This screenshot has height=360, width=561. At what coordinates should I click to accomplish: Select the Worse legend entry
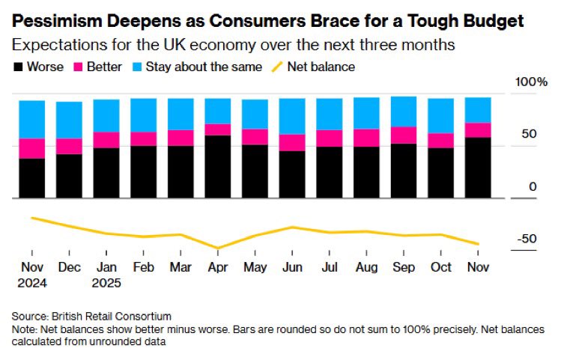[x=38, y=67]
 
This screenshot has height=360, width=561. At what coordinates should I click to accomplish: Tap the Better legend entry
[x=97, y=67]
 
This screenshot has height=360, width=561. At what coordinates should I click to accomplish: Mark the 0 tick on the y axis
[x=533, y=186]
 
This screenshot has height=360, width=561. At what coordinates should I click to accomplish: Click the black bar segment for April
[x=218, y=166]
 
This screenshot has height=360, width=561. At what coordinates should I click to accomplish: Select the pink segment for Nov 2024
[x=31, y=148]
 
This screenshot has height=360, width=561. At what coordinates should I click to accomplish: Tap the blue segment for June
[x=292, y=116]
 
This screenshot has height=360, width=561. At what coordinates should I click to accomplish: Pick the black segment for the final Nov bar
[x=478, y=168]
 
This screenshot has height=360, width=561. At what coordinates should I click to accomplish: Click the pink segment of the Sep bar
[x=404, y=135]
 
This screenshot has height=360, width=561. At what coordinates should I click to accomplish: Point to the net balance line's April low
[x=218, y=248]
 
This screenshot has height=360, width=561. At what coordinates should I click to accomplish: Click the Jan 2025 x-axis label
[x=106, y=275]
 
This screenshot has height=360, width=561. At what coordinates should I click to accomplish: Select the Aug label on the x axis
[x=366, y=267]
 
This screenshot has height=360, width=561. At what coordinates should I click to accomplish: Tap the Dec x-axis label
[x=69, y=267]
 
